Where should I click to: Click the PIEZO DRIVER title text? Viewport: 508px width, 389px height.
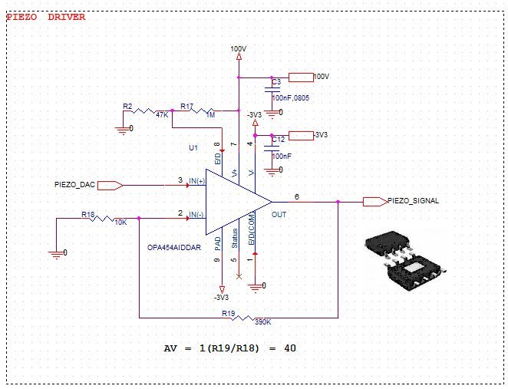(46, 16)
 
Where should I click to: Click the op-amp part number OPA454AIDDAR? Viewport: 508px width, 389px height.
(175, 248)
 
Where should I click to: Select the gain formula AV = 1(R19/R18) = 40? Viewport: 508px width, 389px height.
(230, 348)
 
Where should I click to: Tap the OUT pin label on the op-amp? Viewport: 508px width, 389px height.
(279, 215)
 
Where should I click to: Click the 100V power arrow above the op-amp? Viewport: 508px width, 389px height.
(239, 54)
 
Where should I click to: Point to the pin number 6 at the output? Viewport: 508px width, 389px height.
(296, 196)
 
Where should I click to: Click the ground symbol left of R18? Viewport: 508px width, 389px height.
(57, 252)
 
